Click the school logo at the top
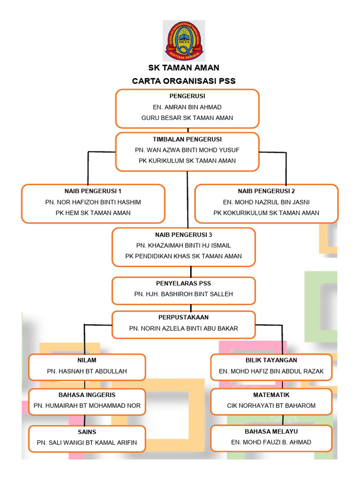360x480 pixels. tap(184, 41)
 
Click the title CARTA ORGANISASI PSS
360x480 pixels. tap(184, 81)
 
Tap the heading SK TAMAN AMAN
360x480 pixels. tap(184, 68)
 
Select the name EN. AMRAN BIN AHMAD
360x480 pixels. tap(187, 107)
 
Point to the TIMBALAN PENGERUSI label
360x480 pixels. tap(187, 139)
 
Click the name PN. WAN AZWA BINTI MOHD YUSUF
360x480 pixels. tap(187, 150)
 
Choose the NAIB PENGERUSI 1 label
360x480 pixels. tap(93, 191)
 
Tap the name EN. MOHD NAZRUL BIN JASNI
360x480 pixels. tap(266, 202)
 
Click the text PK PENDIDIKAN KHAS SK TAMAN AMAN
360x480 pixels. tap(184, 256)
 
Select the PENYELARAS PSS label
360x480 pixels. tap(183, 283)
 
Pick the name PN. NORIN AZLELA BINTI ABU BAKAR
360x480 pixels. tap(184, 328)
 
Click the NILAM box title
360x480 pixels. tap(87, 360)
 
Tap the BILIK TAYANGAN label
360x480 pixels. tap(271, 360)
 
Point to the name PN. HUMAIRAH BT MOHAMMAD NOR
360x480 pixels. tap(87, 405)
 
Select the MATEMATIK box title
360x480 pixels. tap(271, 395)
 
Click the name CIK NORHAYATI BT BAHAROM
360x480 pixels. tap(271, 405)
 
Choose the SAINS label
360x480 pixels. tap(87, 431)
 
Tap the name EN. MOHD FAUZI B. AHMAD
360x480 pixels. tap(271, 442)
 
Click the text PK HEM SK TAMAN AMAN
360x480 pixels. tap(93, 213)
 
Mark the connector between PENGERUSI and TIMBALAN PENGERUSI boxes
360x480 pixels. tap(187, 130)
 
